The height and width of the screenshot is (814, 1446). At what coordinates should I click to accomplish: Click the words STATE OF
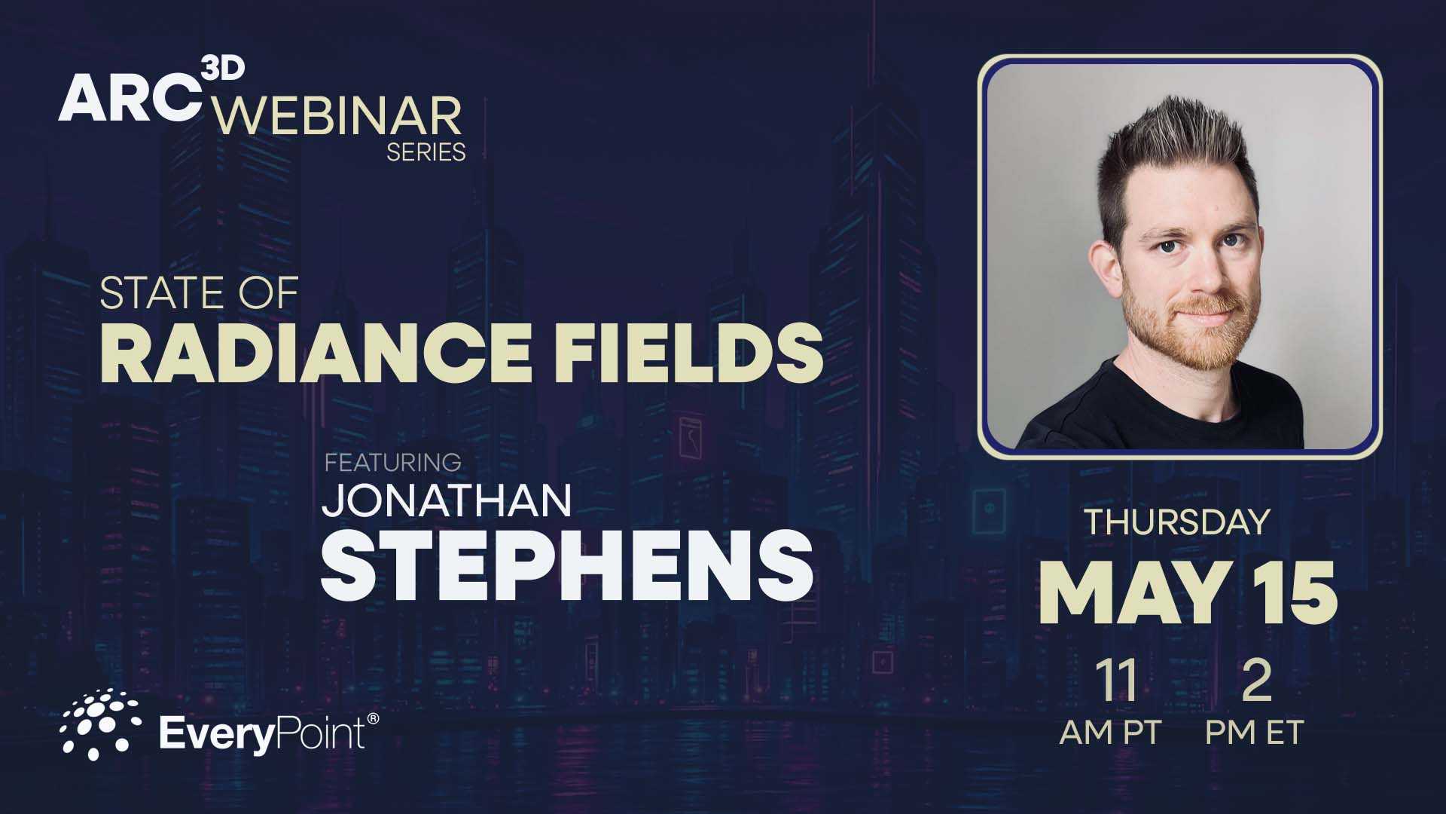pyautogui.click(x=200, y=293)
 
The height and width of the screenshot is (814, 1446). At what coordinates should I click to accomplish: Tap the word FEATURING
pyautogui.click(x=392, y=461)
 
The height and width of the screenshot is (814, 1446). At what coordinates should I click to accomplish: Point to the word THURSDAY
pyautogui.click(x=1176, y=522)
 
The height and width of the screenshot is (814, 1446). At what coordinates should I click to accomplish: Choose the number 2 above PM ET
pyautogui.click(x=1255, y=681)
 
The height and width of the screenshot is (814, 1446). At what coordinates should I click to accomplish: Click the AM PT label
pyautogui.click(x=1110, y=732)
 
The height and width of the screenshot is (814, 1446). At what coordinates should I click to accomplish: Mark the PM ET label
pyautogui.click(x=1254, y=732)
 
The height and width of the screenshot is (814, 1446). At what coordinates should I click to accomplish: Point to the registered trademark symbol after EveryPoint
pyautogui.click(x=372, y=719)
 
